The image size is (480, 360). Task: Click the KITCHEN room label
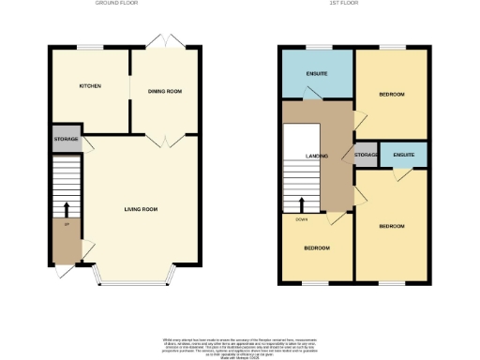(90, 86)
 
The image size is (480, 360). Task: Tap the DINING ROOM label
(164, 91)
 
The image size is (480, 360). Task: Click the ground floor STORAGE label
(66, 139)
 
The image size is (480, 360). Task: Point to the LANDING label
(315, 157)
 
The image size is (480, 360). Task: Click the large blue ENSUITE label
(315, 74)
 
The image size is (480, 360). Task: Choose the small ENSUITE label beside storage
(404, 153)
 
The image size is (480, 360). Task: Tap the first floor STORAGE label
(366, 155)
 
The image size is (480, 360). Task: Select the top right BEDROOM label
(391, 95)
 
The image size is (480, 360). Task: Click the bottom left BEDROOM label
(315, 248)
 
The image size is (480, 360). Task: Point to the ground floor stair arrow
(67, 208)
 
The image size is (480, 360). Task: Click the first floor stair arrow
(301, 205)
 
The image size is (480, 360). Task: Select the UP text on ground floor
(67, 225)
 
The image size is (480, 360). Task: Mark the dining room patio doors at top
(165, 42)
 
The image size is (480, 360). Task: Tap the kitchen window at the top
(90, 47)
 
